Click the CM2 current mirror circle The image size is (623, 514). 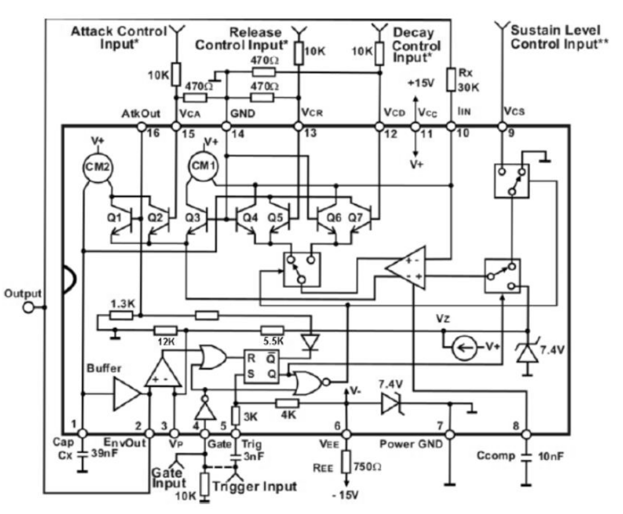[x=97, y=167]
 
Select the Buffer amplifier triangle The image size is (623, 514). [x=126, y=394]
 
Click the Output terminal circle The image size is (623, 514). [x=29, y=307]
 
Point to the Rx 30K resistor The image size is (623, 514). [x=450, y=79]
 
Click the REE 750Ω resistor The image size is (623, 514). [x=346, y=462]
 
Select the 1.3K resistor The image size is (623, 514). [x=121, y=315]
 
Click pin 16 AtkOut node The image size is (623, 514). [x=141, y=127]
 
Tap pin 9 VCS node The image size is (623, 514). [x=502, y=127]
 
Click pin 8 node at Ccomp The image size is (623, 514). [x=526, y=434]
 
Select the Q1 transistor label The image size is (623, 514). [x=114, y=217]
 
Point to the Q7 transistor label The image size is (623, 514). [x=355, y=217]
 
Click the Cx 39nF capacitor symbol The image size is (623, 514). [x=83, y=454]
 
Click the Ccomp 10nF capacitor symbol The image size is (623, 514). [x=526, y=456]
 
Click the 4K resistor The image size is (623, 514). [x=287, y=403]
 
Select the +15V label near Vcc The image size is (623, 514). [x=420, y=83]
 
